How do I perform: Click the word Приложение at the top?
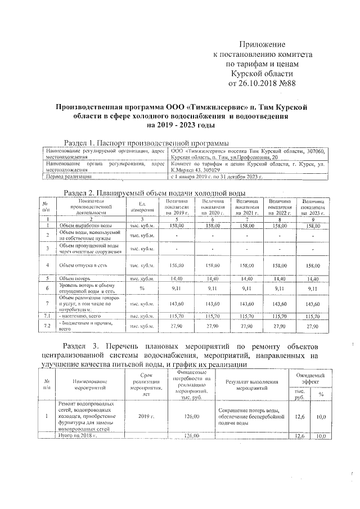pyautogui.click(x=263, y=44)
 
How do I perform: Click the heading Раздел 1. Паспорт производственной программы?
pyautogui.click(x=146, y=143)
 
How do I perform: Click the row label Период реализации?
pyautogui.click(x=66, y=177)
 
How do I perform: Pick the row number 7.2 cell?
pyautogui.click(x=48, y=326)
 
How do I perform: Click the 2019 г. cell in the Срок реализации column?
pyautogui.click(x=146, y=417)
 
